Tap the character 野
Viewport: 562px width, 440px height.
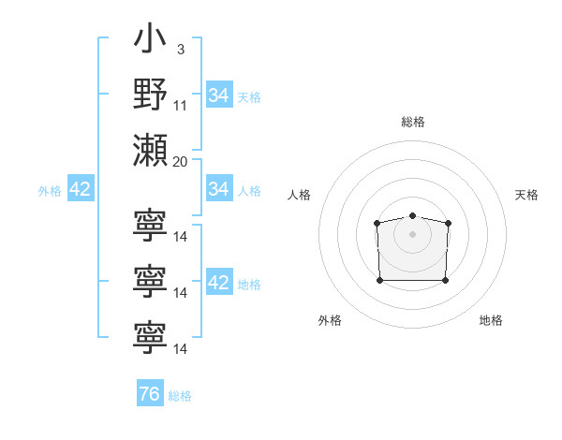coord(150,95)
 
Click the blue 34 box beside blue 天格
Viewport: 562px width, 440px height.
coord(219,95)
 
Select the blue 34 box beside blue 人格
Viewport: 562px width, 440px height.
coord(219,189)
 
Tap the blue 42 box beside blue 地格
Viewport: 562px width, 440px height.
coord(219,284)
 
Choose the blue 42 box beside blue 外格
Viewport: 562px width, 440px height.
coord(81,190)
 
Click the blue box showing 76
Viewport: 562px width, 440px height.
coord(150,394)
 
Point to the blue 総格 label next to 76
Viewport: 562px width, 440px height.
coord(180,396)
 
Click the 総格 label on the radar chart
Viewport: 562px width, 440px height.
coord(413,122)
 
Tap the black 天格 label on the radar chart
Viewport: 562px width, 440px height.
coord(527,195)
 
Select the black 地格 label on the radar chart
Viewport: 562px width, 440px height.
coord(491,320)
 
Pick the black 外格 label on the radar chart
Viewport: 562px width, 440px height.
coord(330,320)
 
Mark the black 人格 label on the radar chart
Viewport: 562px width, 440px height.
coord(300,195)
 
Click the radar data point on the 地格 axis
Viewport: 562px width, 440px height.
coord(446,280)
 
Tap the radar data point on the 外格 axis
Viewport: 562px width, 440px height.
coord(379,280)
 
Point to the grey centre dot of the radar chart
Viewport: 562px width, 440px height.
coord(412,234)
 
